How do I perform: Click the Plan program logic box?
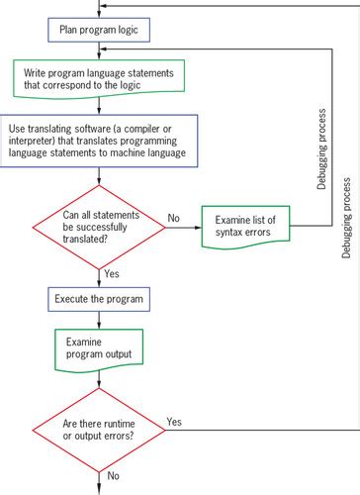click(97, 29)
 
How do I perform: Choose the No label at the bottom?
click(113, 474)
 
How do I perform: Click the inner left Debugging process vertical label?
click(321, 148)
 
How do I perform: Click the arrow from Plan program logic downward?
click(97, 50)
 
